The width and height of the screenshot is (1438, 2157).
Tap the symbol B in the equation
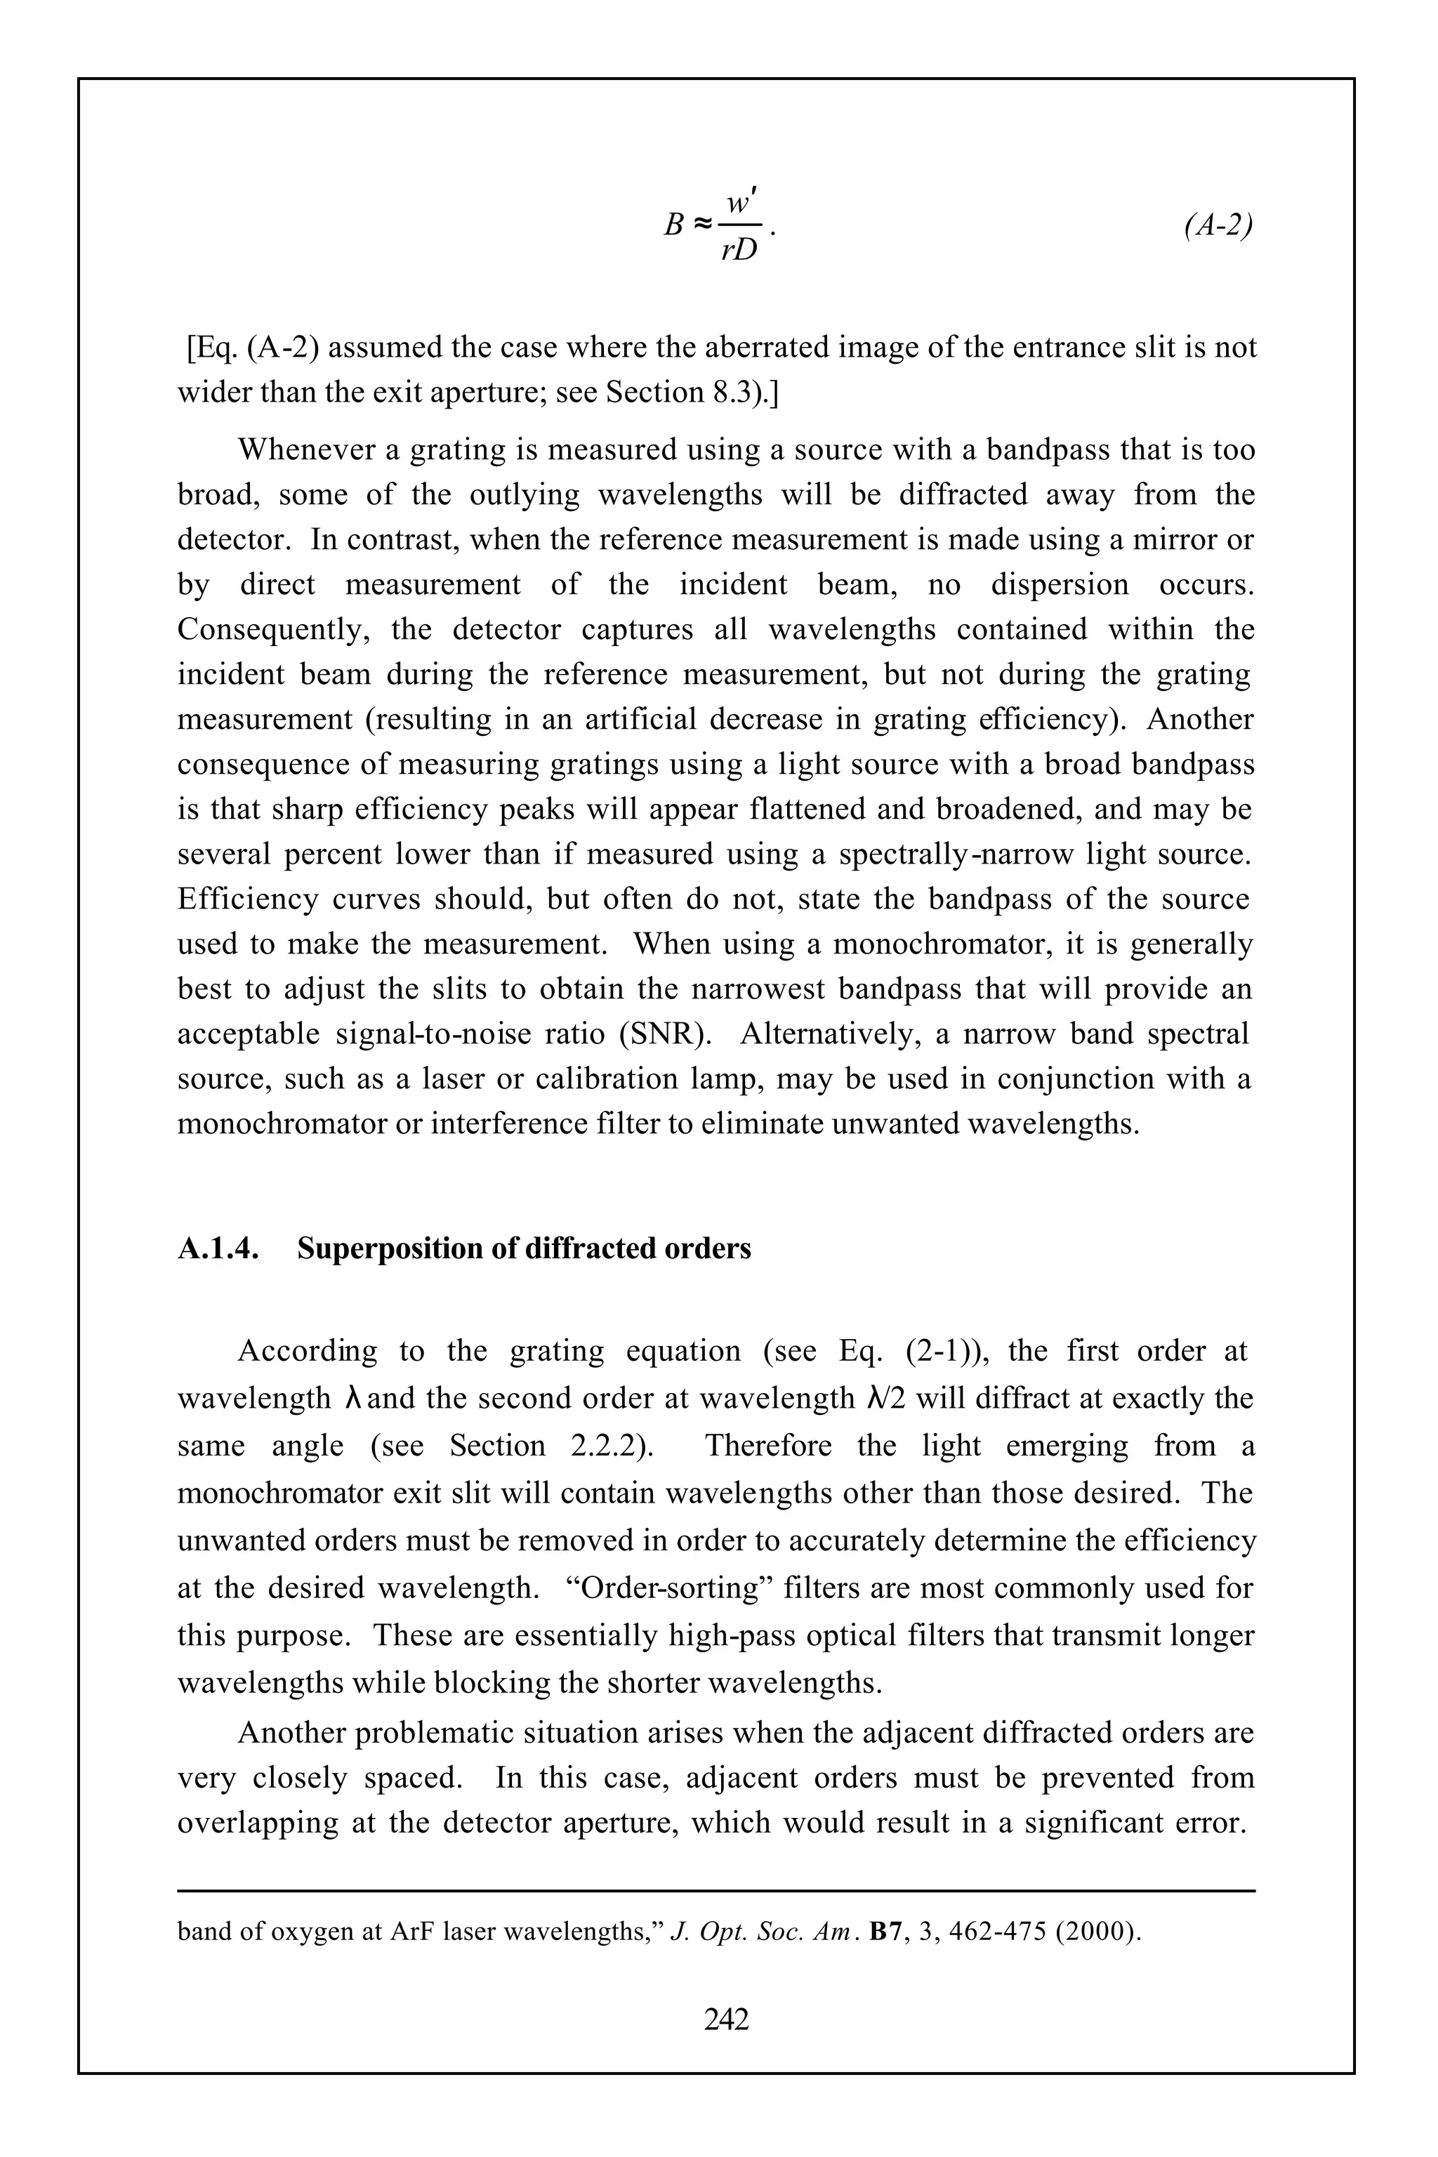coord(673,225)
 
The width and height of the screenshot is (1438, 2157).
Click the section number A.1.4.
coord(216,1249)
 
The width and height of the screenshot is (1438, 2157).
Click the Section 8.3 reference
coord(683,393)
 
